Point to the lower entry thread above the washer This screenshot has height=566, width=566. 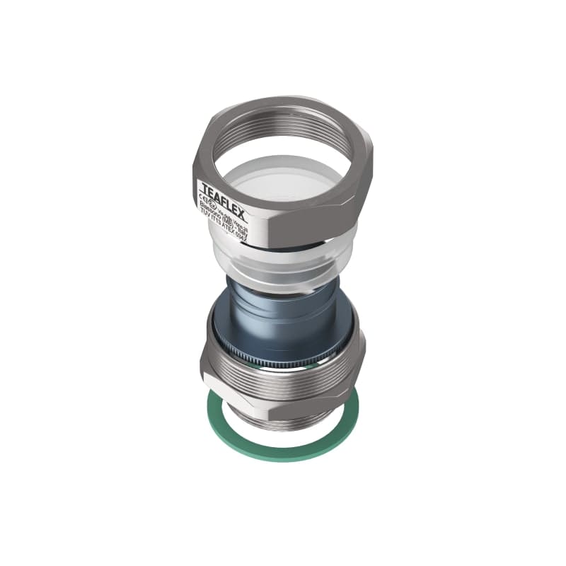coord(283,417)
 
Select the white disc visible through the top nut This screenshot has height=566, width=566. coord(283,173)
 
